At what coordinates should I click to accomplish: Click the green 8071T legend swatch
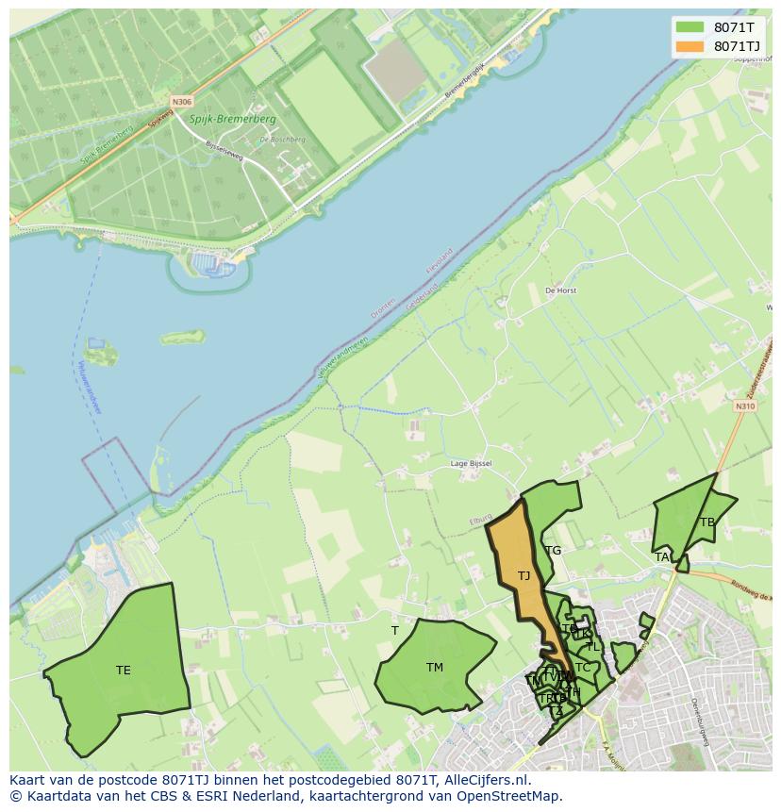click(690, 27)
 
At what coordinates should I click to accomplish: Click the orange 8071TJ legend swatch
click(690, 46)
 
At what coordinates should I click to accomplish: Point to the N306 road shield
click(181, 101)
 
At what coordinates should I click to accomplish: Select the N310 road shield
click(745, 406)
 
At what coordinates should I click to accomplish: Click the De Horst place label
click(560, 290)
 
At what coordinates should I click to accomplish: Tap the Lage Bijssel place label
click(471, 463)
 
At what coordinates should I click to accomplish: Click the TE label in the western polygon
click(123, 671)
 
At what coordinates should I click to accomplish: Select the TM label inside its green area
click(434, 668)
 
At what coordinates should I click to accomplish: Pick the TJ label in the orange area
click(523, 576)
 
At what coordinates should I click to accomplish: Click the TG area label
click(553, 551)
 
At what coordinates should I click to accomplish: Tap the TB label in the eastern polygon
click(706, 522)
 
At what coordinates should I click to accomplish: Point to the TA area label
click(662, 557)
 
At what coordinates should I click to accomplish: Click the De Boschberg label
click(282, 140)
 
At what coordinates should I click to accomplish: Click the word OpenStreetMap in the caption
click(512, 796)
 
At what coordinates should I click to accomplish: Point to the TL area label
click(592, 647)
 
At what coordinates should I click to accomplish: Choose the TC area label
click(583, 668)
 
